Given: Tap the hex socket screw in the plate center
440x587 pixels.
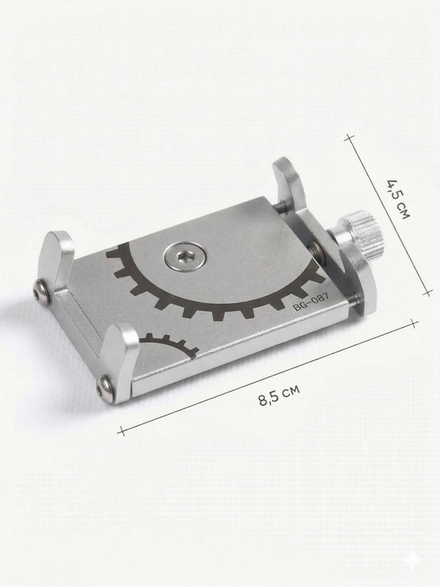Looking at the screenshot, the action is point(184,257).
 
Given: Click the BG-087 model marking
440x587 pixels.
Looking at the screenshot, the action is point(311,302).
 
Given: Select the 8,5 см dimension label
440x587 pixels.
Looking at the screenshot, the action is point(279,395).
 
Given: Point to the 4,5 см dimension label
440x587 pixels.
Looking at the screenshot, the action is point(398,199).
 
